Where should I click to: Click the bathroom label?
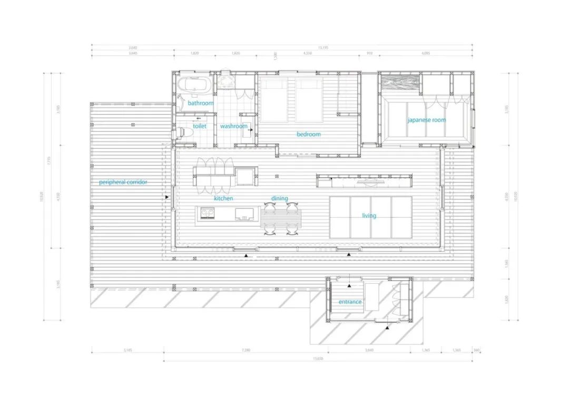[x=201, y=103]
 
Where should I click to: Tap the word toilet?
[x=199, y=126]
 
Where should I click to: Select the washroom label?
[x=233, y=126]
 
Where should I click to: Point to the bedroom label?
[x=308, y=134]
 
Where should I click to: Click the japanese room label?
[x=426, y=120]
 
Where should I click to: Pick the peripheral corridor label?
[x=123, y=182]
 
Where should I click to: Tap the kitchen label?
[x=223, y=198]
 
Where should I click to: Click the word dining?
[x=280, y=198]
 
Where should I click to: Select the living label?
[x=369, y=215]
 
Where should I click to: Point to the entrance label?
[x=350, y=302]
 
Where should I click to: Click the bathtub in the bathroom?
[x=194, y=85]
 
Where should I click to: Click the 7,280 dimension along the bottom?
[x=246, y=349]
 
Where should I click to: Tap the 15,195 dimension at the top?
[x=322, y=46]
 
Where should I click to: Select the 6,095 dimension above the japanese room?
[x=425, y=53]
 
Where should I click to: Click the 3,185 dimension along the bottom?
[x=127, y=349]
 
